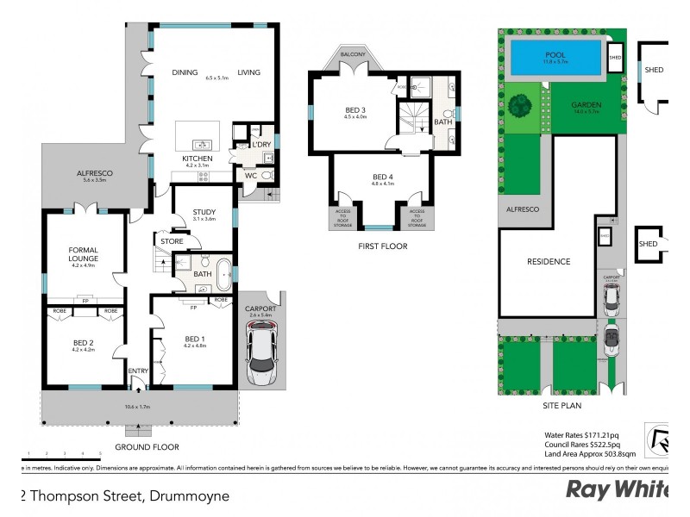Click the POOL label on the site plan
[555, 54]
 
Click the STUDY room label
[204, 211]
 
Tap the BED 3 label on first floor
[354, 109]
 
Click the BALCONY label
[354, 54]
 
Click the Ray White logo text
[616, 489]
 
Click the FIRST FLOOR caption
[382, 246]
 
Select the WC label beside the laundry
[250, 176]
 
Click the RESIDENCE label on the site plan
[549, 262]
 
